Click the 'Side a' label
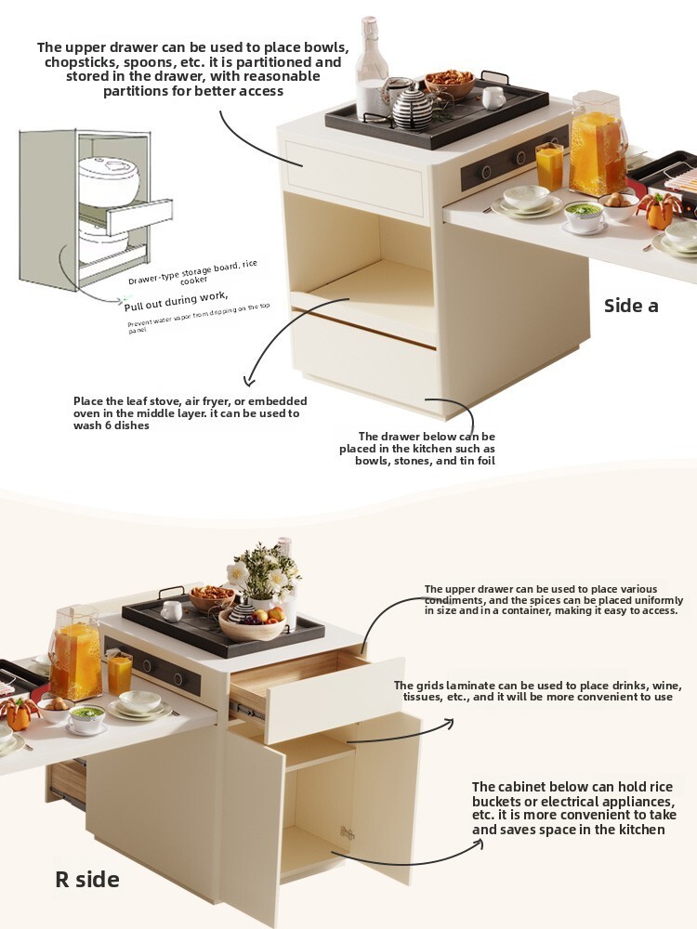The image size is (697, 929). [631, 306]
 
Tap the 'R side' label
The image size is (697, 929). [87, 879]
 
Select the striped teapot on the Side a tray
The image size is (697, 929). [414, 108]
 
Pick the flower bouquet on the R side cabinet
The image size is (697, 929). [264, 571]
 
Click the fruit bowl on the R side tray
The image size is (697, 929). [252, 623]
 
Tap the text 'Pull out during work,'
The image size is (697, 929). [176, 301]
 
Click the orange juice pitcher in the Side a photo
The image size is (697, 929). [598, 146]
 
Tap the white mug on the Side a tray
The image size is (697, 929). [493, 98]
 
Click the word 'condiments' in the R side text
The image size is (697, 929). [454, 599]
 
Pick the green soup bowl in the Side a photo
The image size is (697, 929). [584, 216]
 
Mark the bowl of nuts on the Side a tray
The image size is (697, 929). [449, 84]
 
